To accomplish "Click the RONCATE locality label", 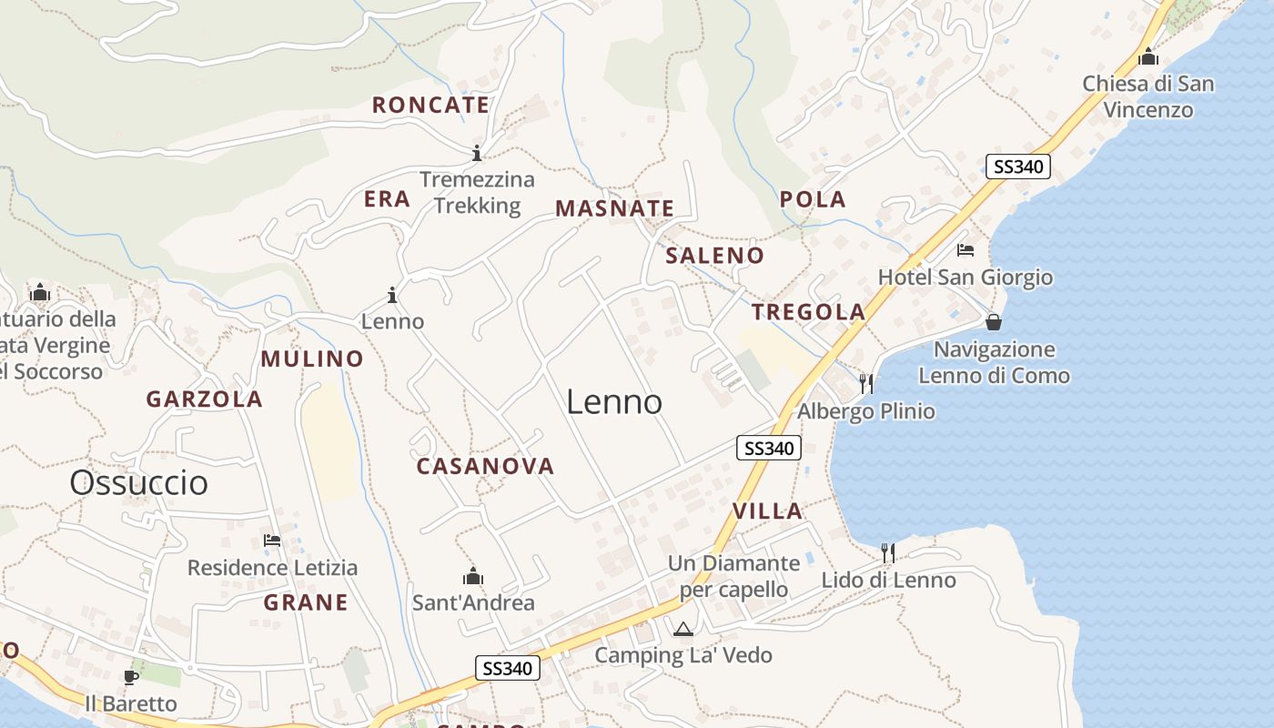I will pos(430,105).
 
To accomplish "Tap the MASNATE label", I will pos(615,208).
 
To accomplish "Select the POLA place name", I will pos(813,199).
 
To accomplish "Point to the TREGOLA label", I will pos(808,312).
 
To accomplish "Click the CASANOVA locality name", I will pos(485,466).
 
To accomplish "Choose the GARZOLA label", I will pos(205,399).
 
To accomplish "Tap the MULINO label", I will pos(312,359).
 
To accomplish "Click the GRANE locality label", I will pos(306,602).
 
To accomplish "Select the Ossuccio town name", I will pos(138,482).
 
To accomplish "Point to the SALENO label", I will pos(714,256).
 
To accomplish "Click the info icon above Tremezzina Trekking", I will pos(476,152).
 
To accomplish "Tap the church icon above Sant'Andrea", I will pos(473,576).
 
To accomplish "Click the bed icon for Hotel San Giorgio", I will pos(966,250).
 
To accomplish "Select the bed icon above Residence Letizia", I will pos(271,541).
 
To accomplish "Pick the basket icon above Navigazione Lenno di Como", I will pos(994,322).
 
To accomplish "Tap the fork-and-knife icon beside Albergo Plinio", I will pos(866,383).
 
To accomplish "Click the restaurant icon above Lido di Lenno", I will pos(888,552).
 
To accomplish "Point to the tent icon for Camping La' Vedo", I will pos(682,629).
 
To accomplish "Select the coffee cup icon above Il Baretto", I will pos(131,677).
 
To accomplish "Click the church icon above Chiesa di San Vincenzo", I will pos(1148,56).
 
